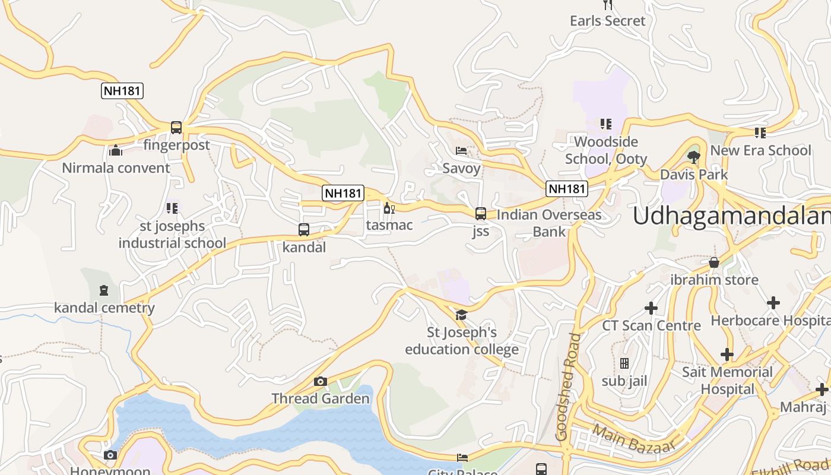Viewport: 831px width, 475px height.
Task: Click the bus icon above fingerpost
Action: point(176,127)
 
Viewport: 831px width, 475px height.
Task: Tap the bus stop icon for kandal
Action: point(304,229)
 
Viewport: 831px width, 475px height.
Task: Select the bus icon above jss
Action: point(481,213)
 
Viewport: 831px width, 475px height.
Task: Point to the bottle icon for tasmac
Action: point(389,208)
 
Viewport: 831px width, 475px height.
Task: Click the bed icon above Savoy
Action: point(461,151)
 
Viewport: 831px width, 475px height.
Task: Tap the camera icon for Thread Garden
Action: point(321,381)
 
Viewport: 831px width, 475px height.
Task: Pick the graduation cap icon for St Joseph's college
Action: point(461,315)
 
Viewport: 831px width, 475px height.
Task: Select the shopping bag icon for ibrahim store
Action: point(714,262)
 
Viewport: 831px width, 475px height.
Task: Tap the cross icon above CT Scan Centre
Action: point(651,308)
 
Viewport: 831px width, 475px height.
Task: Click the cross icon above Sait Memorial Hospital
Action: point(727,354)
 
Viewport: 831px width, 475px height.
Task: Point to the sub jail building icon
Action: point(624,363)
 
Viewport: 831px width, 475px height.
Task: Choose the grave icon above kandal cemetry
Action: point(104,290)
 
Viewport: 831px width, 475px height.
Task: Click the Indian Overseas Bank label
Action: point(549,223)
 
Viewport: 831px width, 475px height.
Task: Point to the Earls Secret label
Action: point(607,21)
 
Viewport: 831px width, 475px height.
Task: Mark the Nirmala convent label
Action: point(116,167)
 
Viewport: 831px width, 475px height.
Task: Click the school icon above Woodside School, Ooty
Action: point(605,124)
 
